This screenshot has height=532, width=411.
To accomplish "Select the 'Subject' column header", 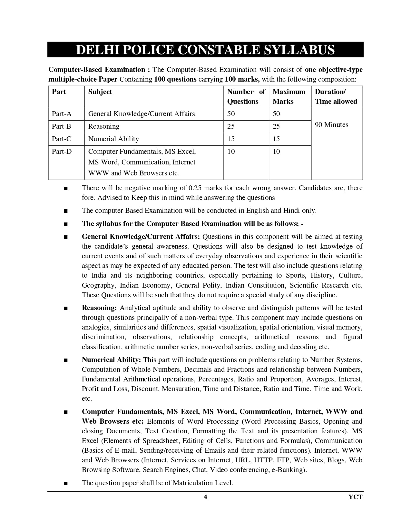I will point(100,92).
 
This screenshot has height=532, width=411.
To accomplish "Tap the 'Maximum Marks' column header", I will point(289,96).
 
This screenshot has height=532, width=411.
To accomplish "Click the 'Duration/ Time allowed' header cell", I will point(336,96).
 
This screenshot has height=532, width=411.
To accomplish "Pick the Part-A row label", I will point(62,114).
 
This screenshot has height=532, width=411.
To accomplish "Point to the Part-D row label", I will point(62,152).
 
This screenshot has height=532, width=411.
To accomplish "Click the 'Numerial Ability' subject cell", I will point(113,139).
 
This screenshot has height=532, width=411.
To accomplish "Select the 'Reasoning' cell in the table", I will point(103,126).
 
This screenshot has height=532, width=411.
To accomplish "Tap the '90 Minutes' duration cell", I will point(331,125).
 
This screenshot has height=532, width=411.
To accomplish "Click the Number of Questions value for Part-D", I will point(231,152).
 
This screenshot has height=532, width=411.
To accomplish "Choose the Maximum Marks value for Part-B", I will point(276,126).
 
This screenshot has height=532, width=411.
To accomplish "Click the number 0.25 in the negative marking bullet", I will point(195,188).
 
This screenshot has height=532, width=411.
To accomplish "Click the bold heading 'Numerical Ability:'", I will point(111,360).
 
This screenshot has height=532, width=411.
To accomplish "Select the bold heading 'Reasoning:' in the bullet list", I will point(99,308).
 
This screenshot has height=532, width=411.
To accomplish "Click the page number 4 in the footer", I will point(205,497).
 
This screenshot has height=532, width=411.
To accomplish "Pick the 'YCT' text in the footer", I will point(356,497).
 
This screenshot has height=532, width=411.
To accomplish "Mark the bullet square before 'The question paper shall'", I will point(66,483).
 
